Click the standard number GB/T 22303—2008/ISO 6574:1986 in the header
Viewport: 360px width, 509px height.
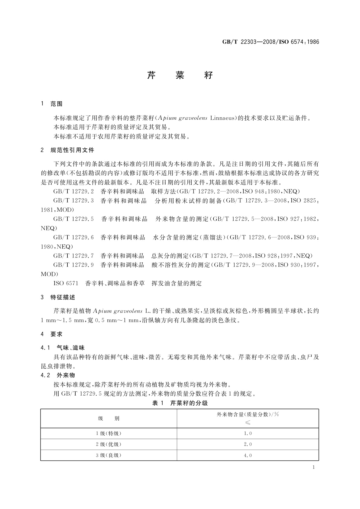pos(271,42)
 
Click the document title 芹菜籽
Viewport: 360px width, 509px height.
pos(180,75)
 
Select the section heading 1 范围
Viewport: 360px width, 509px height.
pos(52,104)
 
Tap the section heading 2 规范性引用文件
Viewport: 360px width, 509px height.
pos(67,150)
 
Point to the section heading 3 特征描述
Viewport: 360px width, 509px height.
pos(58,297)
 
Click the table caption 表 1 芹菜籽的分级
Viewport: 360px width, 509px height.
pos(180,403)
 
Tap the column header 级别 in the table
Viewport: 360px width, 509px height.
pos(109,418)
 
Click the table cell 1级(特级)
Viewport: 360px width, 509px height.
pos(109,433)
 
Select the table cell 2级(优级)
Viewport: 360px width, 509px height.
pos(109,444)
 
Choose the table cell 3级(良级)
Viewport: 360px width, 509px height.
pos(109,455)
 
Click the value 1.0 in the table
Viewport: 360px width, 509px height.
pos(248,433)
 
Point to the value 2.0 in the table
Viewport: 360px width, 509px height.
pos(248,444)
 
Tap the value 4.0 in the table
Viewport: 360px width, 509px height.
pos(248,455)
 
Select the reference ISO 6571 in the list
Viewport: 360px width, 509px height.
pos(66,283)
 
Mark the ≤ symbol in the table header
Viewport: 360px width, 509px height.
pos(248,423)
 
